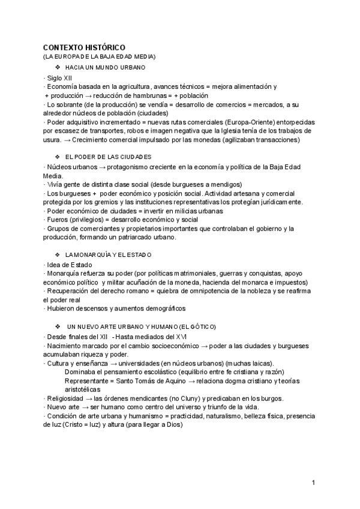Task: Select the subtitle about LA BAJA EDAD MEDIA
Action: [x=99, y=56]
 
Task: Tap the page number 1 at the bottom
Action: [x=313, y=483]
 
